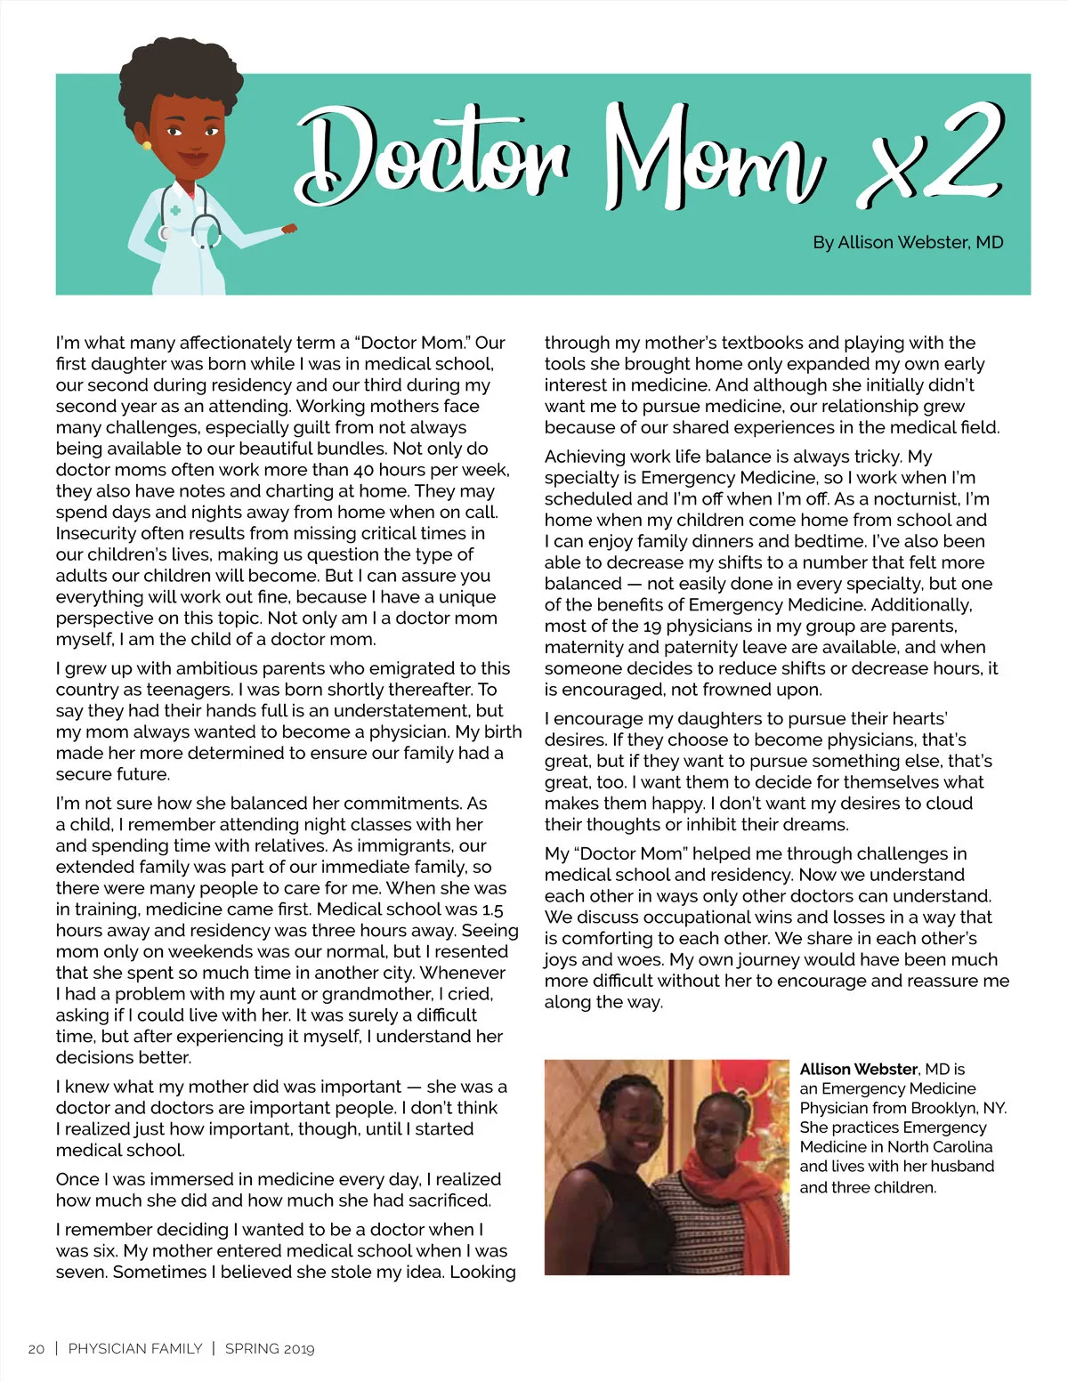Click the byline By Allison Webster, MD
[x=907, y=242]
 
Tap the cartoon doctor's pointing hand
[x=288, y=229]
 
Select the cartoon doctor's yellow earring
[x=147, y=145]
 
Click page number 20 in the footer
[x=36, y=1349]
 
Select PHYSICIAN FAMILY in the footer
[x=135, y=1349]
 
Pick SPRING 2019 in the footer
[x=270, y=1349]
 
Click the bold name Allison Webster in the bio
[x=858, y=1069]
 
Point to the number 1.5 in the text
[x=492, y=909]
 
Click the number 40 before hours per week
[x=363, y=470]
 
